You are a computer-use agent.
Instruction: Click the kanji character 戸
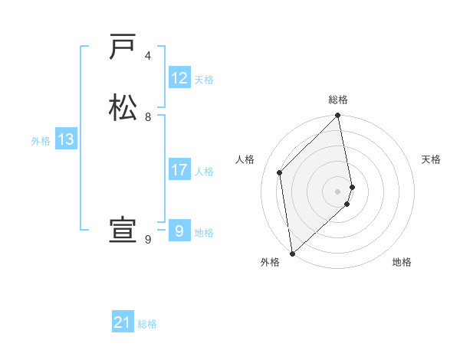pos(123,47)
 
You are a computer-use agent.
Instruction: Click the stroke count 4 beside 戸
pos(148,56)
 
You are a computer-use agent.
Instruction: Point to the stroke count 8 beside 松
pos(148,116)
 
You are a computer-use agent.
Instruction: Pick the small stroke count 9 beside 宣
pos(148,239)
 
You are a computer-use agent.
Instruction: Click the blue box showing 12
pos(179,78)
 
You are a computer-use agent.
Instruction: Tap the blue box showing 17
pos(179,170)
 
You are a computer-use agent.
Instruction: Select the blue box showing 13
pos(66,139)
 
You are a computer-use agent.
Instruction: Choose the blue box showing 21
pos(123,323)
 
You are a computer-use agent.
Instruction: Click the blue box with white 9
pos(179,231)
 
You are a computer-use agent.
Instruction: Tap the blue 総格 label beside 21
pos(147,324)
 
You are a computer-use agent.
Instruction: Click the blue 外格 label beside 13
pos(41,140)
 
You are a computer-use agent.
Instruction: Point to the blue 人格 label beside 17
pos(204,171)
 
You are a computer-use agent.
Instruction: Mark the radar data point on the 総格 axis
pos(338,116)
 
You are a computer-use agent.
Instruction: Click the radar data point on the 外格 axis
pos(291,254)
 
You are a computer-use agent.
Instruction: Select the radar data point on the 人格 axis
pos(280,172)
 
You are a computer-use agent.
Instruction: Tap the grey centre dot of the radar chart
pos(338,191)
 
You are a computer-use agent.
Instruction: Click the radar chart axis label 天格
pos(431,159)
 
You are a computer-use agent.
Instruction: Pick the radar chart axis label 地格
pos(402,262)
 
